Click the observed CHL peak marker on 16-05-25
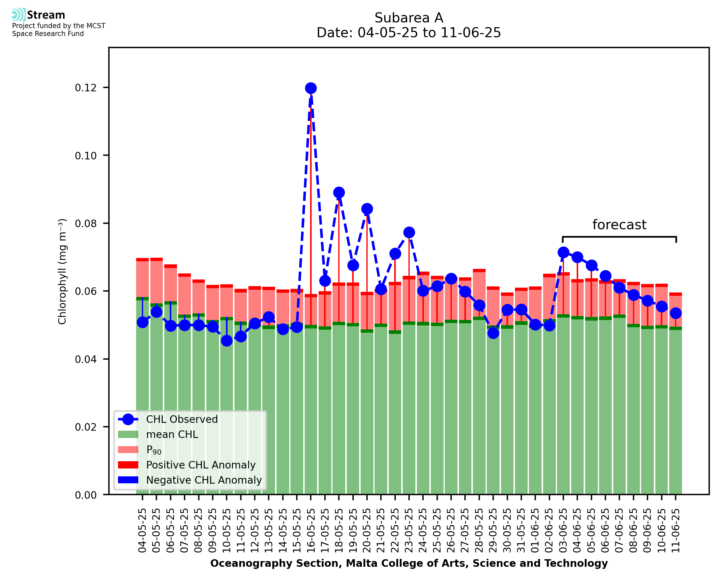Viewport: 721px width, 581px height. (311, 88)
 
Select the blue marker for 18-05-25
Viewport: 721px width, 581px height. (339, 192)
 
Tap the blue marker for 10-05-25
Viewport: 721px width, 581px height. (227, 341)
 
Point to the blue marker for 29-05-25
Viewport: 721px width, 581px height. (493, 333)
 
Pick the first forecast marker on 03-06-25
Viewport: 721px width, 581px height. (563, 252)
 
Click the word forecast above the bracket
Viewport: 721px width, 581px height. (619, 225)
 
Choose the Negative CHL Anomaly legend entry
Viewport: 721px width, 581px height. (204, 480)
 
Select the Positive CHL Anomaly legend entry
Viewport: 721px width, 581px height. (201, 465)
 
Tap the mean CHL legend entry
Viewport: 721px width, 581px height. (172, 434)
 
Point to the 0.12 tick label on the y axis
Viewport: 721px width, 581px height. (85, 88)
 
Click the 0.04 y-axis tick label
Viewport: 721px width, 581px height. (85, 359)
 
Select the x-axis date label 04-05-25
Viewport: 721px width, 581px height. (142, 531)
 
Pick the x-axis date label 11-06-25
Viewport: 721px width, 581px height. (676, 531)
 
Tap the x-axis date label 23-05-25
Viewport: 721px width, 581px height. (409, 531)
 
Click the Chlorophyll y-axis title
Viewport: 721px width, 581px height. (62, 271)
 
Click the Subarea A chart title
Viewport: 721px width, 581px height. (409, 18)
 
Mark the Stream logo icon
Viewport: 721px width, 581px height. (19, 15)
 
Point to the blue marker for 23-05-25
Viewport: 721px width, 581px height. (409, 232)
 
